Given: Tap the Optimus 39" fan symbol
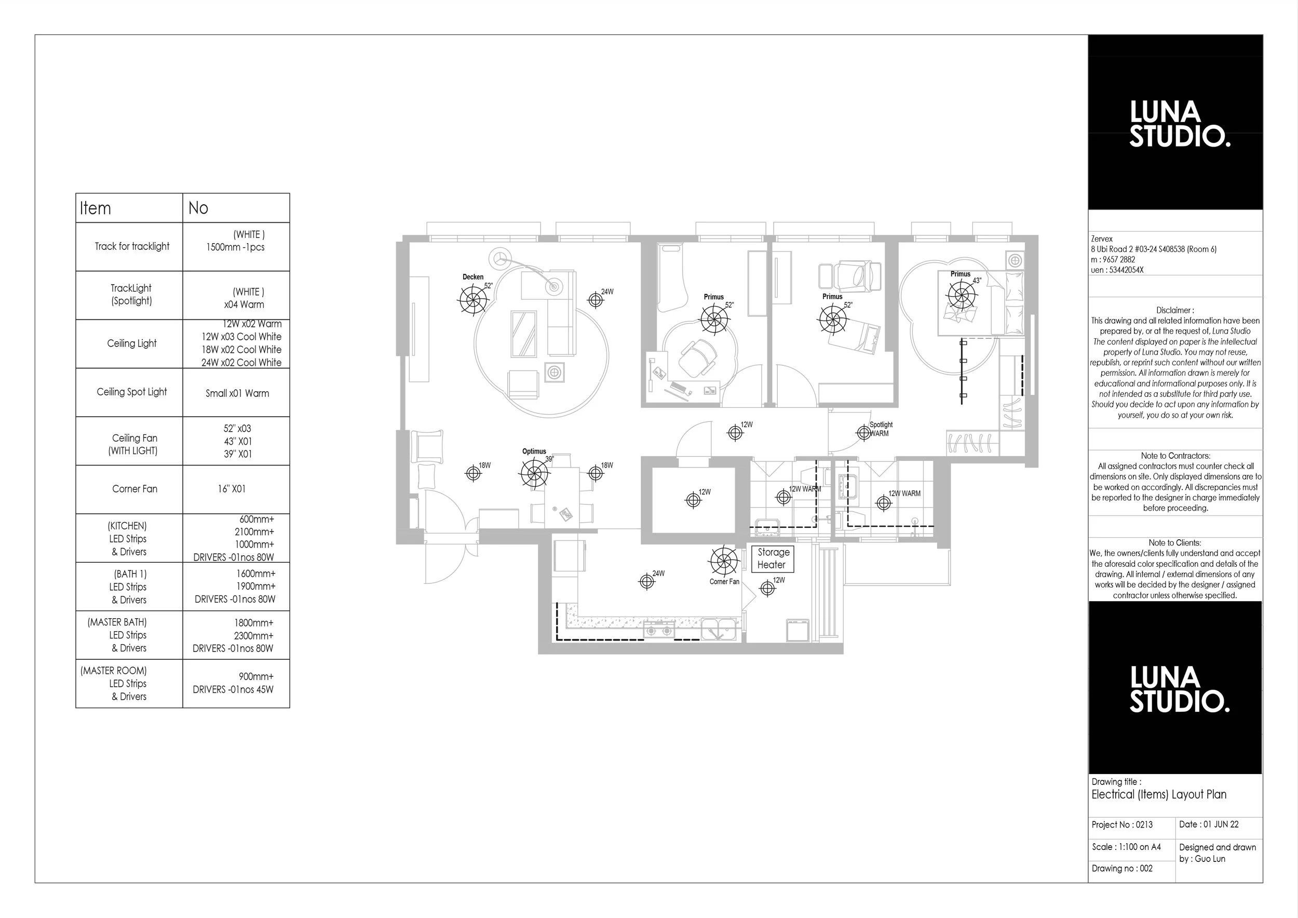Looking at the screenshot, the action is point(534,473).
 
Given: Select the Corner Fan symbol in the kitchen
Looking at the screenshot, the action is point(724,561).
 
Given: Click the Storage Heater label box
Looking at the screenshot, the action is point(773,559).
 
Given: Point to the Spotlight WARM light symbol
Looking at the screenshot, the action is point(864,433).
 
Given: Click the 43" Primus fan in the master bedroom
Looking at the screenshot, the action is point(962,294).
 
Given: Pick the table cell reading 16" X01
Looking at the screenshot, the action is point(232,489).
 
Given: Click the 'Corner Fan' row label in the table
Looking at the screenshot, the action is point(134,489).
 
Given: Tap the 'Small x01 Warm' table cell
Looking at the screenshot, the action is point(237,393).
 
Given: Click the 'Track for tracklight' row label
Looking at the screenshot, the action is point(132,246).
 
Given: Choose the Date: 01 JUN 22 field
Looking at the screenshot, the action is point(1209,824).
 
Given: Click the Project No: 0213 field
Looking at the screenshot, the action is point(1122,824).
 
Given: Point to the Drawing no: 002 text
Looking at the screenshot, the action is point(1122,868).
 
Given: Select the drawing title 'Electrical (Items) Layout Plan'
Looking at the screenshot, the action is point(1159,795).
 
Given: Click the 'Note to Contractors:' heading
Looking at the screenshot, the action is point(1175,456).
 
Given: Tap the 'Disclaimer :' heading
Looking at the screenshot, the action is point(1175,310).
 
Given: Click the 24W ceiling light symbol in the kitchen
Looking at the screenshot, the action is point(646,581).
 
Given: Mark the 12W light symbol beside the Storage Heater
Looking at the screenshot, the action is point(767,588).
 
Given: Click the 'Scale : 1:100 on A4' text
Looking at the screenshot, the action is point(1126,847).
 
